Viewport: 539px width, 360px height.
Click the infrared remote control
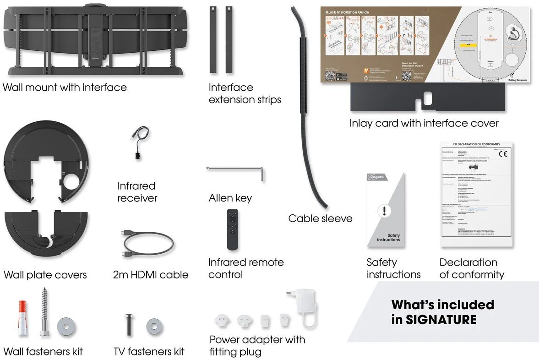[233, 229]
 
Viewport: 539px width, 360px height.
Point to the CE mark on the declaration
[503, 154]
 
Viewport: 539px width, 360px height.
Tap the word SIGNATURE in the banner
[441, 319]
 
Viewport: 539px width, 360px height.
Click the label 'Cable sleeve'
[320, 218]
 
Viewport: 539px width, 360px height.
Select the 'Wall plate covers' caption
[45, 275]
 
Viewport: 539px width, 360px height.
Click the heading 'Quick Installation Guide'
[347, 12]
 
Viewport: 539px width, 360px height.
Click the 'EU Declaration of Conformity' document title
[476, 145]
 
